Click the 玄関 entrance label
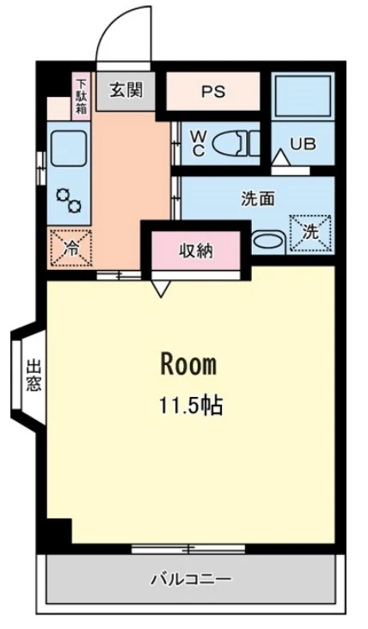point(126,91)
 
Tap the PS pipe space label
point(213,92)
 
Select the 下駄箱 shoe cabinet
point(82,96)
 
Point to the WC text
point(199,144)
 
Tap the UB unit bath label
point(303,144)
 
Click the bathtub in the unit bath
point(303,95)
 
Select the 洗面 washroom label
point(258,198)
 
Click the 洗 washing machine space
point(310,234)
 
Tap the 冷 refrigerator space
point(72,248)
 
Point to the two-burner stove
point(69,200)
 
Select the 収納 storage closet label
point(195,251)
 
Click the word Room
point(188,364)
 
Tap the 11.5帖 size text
point(191,405)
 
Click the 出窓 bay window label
point(34,376)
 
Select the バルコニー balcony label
point(191,579)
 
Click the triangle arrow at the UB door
point(280,157)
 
